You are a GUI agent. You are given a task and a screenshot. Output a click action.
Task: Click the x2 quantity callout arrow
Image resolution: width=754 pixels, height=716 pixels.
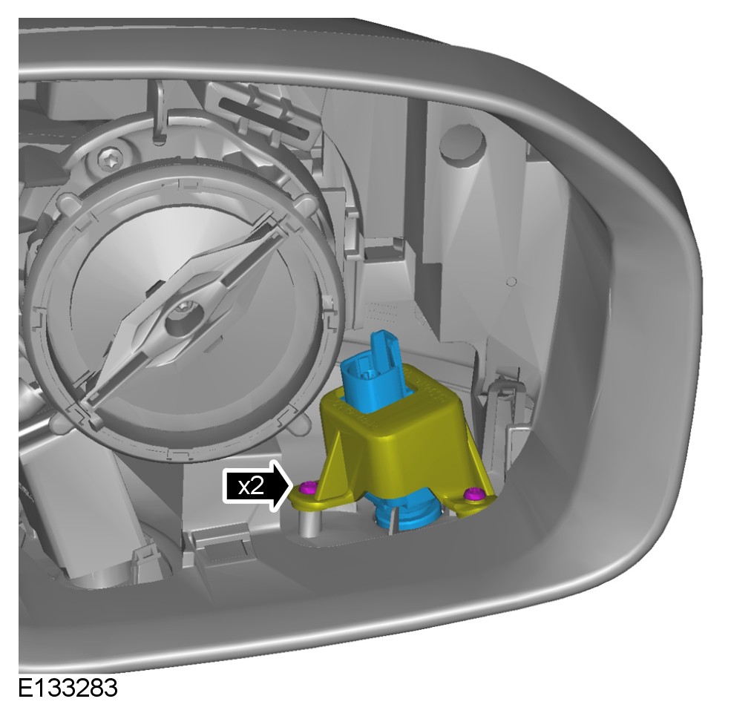258,486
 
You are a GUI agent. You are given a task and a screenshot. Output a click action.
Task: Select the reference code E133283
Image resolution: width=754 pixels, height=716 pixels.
68,689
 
